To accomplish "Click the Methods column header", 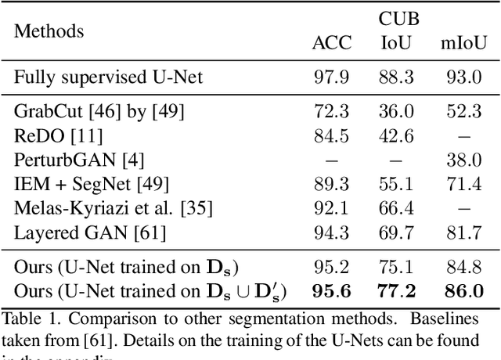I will click(x=49, y=31).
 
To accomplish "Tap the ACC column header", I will click(x=332, y=43).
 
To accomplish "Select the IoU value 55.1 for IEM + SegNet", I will click(x=397, y=185).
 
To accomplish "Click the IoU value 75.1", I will click(x=397, y=268).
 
